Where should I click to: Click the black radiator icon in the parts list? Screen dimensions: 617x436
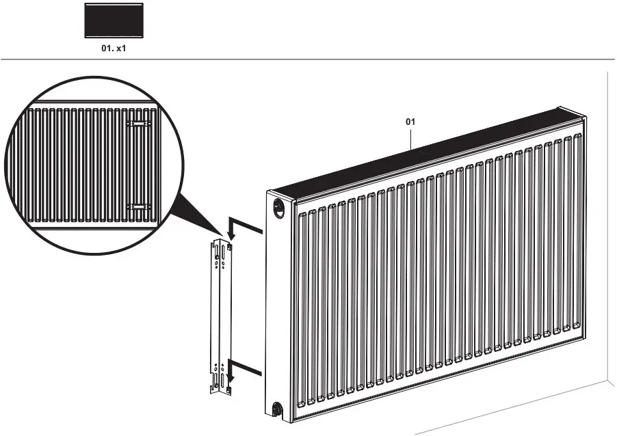click(x=114, y=21)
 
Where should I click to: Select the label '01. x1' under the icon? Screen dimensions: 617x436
click(x=114, y=49)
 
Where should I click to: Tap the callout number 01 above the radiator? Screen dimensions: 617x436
click(x=410, y=122)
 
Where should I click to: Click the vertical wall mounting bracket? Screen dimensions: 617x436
click(x=220, y=318)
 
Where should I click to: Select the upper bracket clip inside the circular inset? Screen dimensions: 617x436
click(x=139, y=124)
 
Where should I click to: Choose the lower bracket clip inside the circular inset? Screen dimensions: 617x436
click(x=139, y=205)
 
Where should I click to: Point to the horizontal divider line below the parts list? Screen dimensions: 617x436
click(x=308, y=59)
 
